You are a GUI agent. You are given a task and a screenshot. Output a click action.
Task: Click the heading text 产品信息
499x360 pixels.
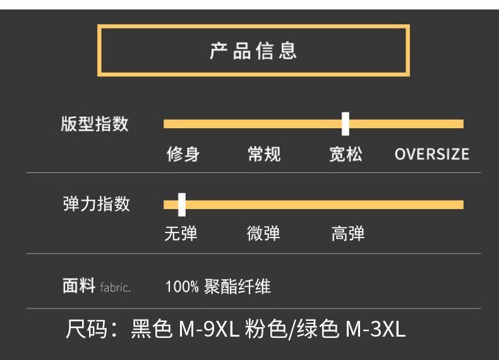pos(253,51)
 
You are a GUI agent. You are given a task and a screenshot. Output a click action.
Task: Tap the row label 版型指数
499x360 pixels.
pos(95,124)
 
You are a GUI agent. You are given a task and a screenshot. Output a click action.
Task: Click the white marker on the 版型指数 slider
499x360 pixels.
pos(346,123)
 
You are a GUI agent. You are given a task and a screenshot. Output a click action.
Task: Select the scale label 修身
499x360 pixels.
pos(183,154)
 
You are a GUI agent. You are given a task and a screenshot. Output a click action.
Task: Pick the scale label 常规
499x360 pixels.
pos(264,154)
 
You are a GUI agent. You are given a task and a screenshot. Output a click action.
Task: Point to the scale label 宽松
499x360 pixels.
pos(346,154)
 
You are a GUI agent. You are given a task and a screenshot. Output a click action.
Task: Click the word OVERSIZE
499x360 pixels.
pos(432,154)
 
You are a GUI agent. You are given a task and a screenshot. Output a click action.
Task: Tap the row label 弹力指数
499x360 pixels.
pos(97,204)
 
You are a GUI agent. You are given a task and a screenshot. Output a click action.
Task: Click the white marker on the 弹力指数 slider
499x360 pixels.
pos(182,204)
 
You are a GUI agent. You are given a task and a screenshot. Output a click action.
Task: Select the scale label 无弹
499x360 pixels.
pos(181,234)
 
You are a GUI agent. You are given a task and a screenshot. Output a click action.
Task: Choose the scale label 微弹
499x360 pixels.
pos(263,234)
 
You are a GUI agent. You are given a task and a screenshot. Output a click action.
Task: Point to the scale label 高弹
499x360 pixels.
pos(348,234)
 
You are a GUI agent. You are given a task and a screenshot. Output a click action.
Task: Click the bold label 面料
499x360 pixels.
pos(79,286)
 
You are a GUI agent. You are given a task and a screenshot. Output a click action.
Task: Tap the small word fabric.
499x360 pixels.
pos(115,287)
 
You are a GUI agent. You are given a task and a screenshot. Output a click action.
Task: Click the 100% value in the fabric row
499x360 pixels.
pos(182,287)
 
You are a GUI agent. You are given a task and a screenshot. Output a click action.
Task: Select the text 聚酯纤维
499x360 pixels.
pos(237,287)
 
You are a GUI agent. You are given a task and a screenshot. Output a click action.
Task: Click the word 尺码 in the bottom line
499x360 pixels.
pos(87,329)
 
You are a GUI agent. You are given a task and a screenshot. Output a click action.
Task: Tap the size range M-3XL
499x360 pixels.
pos(375,329)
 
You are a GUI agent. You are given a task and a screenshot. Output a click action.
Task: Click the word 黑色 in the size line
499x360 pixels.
pos(152,329)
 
